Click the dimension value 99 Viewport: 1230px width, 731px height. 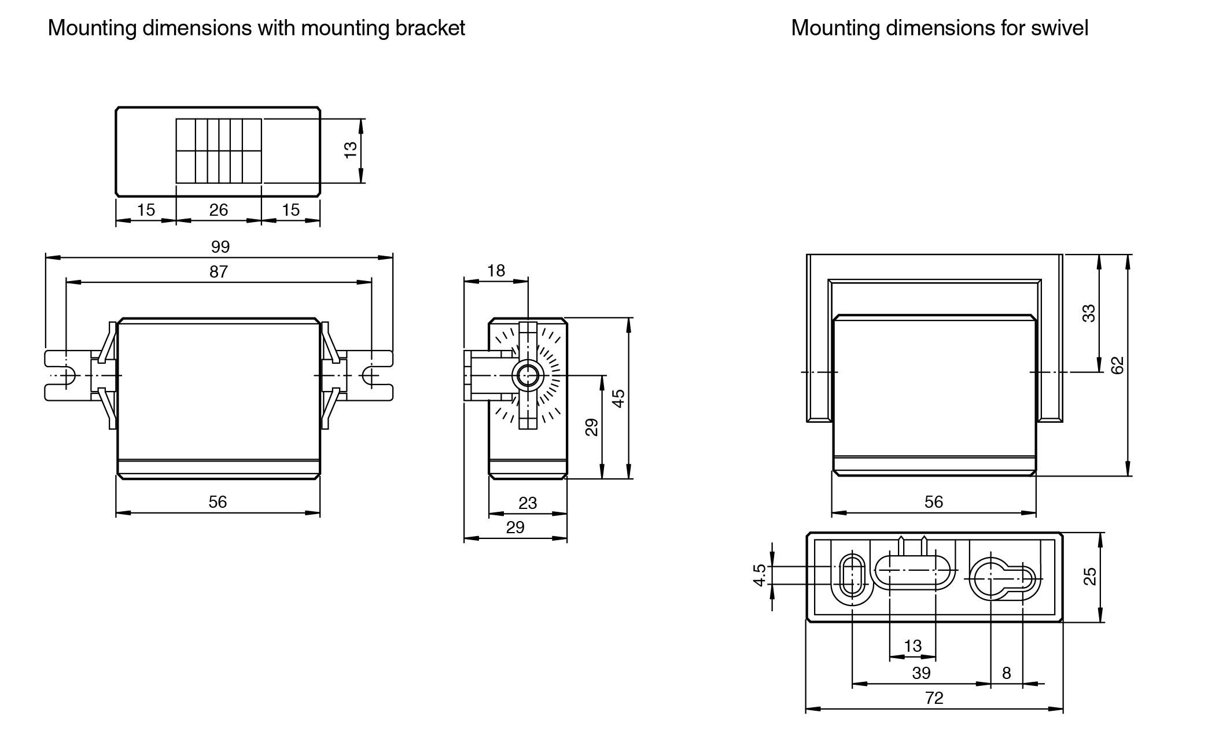tap(220, 247)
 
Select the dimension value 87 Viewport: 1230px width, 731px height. tap(219, 272)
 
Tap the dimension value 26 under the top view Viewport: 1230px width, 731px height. tap(219, 210)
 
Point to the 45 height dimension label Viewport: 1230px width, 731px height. tap(618, 398)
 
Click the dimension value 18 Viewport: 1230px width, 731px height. tap(496, 271)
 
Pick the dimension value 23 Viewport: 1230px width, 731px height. tap(527, 503)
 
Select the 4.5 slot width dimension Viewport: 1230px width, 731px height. tap(760, 575)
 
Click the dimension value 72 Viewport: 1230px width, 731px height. tap(934, 698)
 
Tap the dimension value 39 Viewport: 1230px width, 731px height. tap(921, 673)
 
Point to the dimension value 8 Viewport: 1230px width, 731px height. tap(1006, 673)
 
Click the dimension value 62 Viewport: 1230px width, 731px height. tap(1117, 365)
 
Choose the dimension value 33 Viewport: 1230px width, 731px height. tap(1089, 313)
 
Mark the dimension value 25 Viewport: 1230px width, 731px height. tap(1089, 577)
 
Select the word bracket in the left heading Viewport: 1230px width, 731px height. tap(430, 28)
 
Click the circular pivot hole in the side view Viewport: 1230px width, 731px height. tap(527, 376)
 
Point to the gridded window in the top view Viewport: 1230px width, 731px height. tap(219, 151)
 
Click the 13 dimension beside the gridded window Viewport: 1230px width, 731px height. tap(351, 150)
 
